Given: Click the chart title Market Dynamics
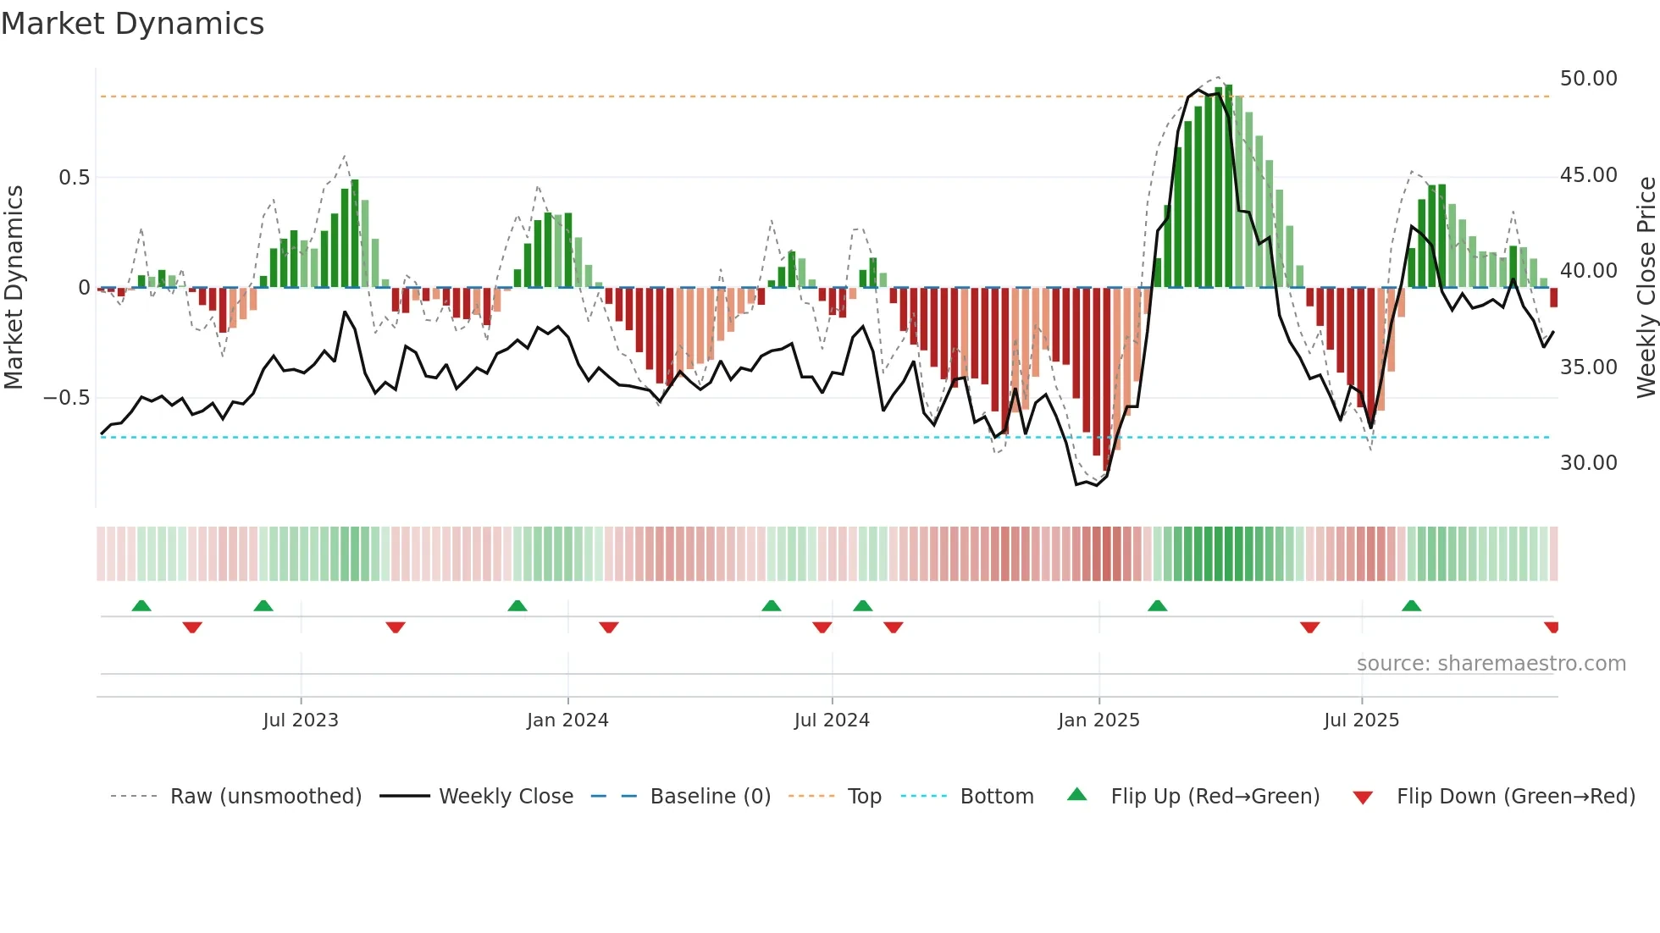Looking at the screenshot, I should click(132, 24).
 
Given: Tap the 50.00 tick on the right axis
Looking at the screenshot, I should click(1588, 79).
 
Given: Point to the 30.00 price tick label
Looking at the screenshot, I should click(1588, 463).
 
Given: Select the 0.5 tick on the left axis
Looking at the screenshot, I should click(74, 178).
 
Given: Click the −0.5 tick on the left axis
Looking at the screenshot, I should click(67, 398).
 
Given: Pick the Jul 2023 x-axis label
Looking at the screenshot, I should click(301, 720).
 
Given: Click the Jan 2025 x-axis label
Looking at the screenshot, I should click(1098, 720).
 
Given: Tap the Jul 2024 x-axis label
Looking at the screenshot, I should click(832, 720).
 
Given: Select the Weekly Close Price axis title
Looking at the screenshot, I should click(1646, 288).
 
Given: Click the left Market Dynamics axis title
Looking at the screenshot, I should click(14, 288).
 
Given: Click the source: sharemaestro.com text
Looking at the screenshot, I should click(1491, 664).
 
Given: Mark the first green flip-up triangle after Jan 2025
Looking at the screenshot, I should click(1157, 606).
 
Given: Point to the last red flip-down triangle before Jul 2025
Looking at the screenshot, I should click(1309, 627).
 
